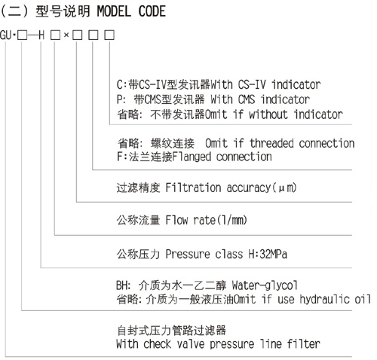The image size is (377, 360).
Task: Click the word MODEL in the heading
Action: click(x=114, y=11)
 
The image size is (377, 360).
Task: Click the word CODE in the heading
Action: click(x=152, y=11)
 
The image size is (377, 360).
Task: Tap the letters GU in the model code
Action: click(x=6, y=35)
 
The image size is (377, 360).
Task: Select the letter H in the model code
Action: click(x=41, y=35)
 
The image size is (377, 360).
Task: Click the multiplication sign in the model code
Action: click(x=66, y=35)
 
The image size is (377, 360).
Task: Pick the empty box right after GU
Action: click(x=22, y=35)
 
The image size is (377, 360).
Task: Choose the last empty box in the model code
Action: click(x=109, y=35)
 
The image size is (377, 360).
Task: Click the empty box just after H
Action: click(x=55, y=35)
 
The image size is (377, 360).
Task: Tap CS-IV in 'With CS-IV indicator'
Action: click(x=252, y=84)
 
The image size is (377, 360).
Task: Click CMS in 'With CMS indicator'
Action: click(x=247, y=99)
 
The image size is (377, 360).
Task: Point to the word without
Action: click(x=268, y=114)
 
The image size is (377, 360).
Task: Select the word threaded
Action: click(x=271, y=143)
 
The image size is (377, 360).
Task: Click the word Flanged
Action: click(x=192, y=157)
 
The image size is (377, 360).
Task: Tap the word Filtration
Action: click(x=193, y=188)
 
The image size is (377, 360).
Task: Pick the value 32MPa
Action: click(x=273, y=254)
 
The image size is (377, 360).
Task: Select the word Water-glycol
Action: click(x=265, y=285)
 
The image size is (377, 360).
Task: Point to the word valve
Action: click(x=191, y=343)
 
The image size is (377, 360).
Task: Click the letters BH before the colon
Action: click(x=122, y=285)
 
